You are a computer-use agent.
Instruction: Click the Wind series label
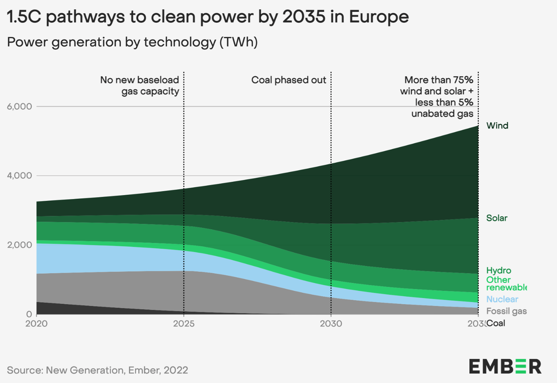click(x=497, y=126)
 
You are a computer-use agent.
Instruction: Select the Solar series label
click(x=496, y=218)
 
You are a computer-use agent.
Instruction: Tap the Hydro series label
click(x=498, y=270)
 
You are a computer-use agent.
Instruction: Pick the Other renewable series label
click(x=506, y=284)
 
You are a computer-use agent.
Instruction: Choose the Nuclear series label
click(x=502, y=299)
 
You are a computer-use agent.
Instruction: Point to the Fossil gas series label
click(x=506, y=311)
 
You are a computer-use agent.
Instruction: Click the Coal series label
click(x=496, y=323)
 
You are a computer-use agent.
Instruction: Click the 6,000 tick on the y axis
click(x=19, y=107)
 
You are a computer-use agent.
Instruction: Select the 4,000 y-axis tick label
click(x=19, y=176)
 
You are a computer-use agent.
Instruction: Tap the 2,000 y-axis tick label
click(x=19, y=245)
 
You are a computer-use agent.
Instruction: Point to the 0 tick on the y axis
click(x=29, y=314)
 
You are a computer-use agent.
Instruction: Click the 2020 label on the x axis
click(x=36, y=324)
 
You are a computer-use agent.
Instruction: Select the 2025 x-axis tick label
click(x=184, y=324)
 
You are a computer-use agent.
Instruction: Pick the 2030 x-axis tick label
click(x=331, y=324)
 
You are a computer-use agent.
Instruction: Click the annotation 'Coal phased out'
click(x=289, y=80)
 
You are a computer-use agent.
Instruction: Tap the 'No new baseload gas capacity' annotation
click(x=140, y=86)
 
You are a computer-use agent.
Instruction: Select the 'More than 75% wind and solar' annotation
click(x=437, y=96)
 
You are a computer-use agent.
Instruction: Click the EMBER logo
click(x=505, y=367)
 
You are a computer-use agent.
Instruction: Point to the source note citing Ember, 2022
click(x=98, y=370)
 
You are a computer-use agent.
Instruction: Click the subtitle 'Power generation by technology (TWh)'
click(x=132, y=42)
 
